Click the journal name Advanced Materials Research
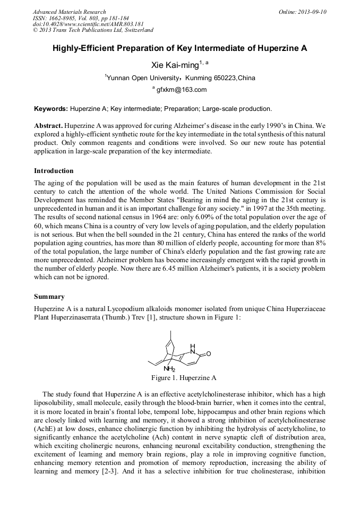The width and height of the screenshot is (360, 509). click(70, 12)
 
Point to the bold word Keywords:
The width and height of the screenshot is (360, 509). click(51, 109)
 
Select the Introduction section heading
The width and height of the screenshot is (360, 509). click(54, 171)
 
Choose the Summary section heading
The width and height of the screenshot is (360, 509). click(49, 297)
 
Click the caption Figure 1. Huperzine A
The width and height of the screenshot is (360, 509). click(180, 378)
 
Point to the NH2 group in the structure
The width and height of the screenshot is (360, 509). click(169, 369)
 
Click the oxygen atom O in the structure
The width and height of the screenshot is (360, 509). click(209, 353)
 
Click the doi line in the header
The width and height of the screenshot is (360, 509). click(88, 24)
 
